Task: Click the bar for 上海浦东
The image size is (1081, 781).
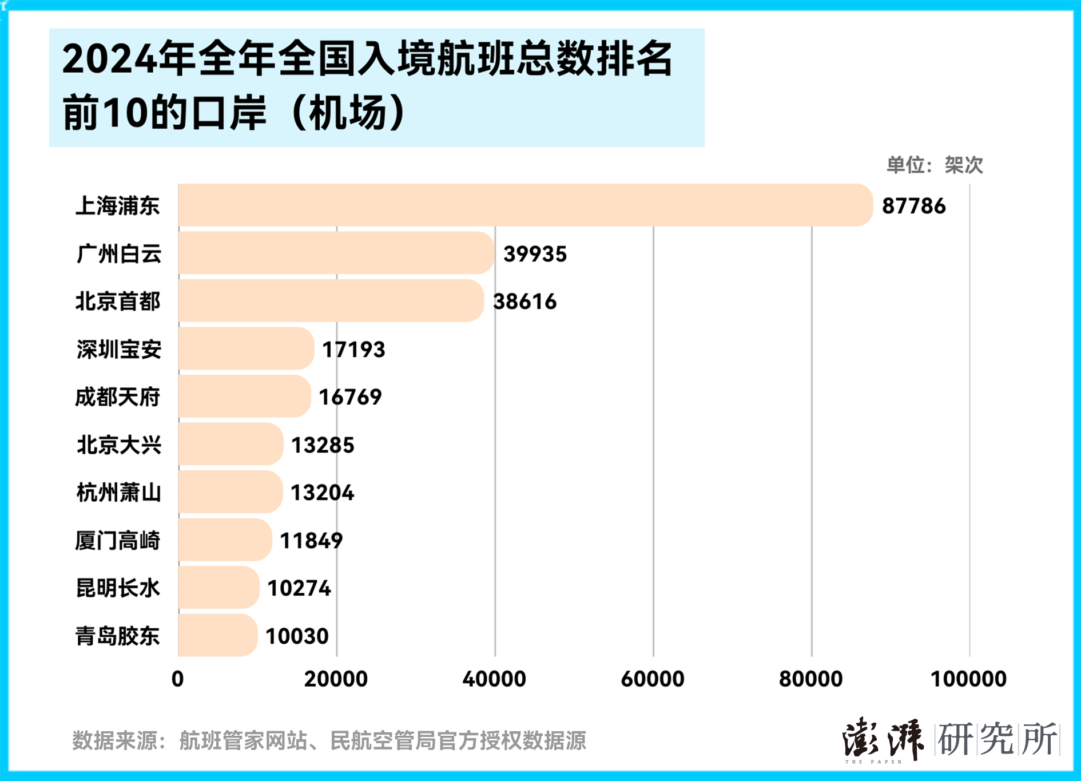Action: [525, 205]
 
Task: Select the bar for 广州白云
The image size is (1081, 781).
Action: [336, 253]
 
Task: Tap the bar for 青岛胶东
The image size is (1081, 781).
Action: [218, 635]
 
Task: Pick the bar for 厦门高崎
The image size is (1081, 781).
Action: [225, 540]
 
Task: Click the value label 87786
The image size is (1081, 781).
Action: [913, 206]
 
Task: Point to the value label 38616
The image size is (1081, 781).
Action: [524, 302]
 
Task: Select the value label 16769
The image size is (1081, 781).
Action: [350, 397]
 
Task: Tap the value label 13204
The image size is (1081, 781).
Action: [322, 493]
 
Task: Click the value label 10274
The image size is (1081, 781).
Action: [299, 588]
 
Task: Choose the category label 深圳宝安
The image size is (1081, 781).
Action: [119, 349]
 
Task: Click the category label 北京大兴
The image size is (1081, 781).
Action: [119, 445]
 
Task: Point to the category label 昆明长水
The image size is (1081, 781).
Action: [118, 588]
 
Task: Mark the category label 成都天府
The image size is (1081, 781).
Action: [118, 397]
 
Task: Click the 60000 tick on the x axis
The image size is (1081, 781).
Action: [653, 679]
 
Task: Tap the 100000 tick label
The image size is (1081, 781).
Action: [968, 679]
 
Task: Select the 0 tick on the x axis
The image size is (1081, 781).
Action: [178, 679]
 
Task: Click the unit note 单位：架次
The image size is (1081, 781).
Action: [935, 165]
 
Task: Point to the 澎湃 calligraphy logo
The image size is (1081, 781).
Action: [882, 739]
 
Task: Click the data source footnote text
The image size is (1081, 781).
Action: [329, 740]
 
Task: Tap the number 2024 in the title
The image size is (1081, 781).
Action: [109, 59]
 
